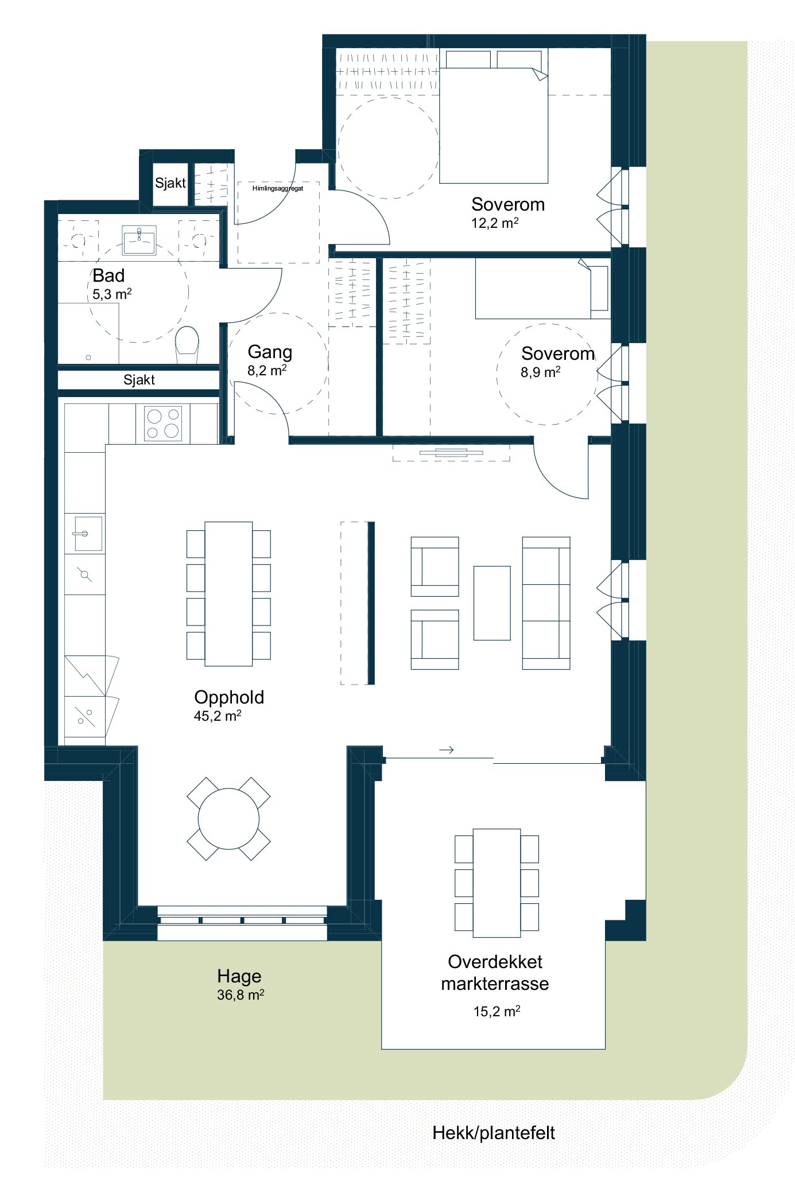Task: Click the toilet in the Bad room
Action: point(187,345)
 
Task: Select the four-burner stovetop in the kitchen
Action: point(162,423)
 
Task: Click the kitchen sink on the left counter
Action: point(88,534)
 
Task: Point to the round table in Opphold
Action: point(228,819)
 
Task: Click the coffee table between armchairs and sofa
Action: point(492,603)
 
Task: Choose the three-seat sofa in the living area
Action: point(546,603)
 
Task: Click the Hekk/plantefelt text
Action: point(494,1133)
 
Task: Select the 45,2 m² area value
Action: point(218,716)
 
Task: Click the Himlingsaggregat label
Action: point(278,188)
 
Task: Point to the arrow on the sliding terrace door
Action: point(447,749)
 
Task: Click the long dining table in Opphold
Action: point(228,594)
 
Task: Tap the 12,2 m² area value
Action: point(495,223)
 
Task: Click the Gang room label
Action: point(270,352)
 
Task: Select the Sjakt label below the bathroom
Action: point(139,380)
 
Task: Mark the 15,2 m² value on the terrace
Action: point(497,1011)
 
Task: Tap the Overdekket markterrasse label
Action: point(495,973)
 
